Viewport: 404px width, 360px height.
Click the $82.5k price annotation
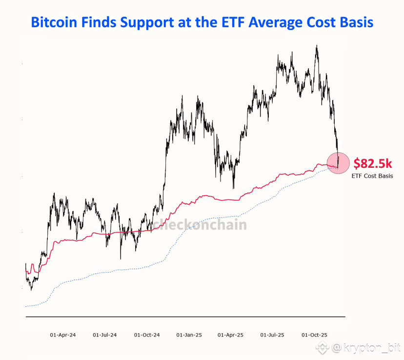(x=373, y=163)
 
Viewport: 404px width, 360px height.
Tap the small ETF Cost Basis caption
(x=372, y=176)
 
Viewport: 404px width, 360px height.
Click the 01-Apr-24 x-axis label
(x=63, y=335)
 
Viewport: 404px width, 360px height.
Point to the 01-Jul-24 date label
(x=105, y=335)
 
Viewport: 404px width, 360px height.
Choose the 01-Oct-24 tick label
(x=147, y=335)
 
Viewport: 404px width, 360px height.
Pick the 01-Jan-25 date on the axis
(x=189, y=335)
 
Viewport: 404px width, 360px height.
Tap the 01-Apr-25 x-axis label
(x=230, y=335)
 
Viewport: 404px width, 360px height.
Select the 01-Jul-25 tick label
(x=272, y=335)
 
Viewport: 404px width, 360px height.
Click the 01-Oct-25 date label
(x=314, y=335)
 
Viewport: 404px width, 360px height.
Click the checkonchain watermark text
(x=200, y=224)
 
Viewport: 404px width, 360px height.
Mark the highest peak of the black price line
(x=317, y=46)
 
